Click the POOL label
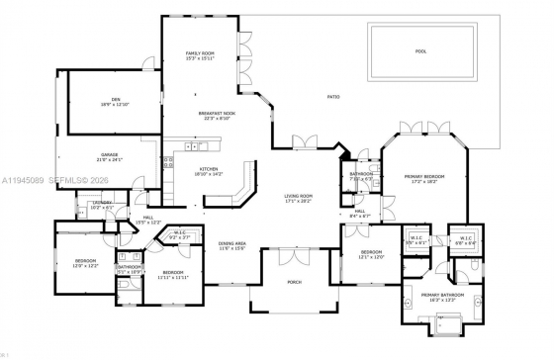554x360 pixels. click(420, 50)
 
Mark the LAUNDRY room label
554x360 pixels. click(103, 205)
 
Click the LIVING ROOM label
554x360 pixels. click(298, 198)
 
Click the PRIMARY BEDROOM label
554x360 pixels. click(424, 179)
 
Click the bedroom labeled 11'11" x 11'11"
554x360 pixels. click(173, 274)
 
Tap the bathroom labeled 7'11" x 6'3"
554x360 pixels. click(360, 176)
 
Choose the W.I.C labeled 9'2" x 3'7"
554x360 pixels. click(179, 235)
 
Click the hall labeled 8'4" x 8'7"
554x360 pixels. click(360, 213)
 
